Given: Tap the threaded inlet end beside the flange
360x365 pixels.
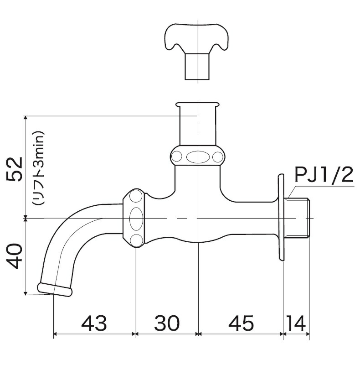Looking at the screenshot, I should click(299, 218).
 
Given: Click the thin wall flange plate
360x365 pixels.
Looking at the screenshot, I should click(281, 218).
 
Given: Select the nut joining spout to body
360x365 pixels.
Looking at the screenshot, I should click(135, 218).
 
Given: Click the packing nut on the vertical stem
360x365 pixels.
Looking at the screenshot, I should click(197, 156).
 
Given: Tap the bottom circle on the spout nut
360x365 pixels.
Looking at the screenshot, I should click(135, 240).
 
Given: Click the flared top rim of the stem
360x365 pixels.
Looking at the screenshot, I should click(197, 104).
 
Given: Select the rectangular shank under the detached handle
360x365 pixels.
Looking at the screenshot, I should click(197, 67).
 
